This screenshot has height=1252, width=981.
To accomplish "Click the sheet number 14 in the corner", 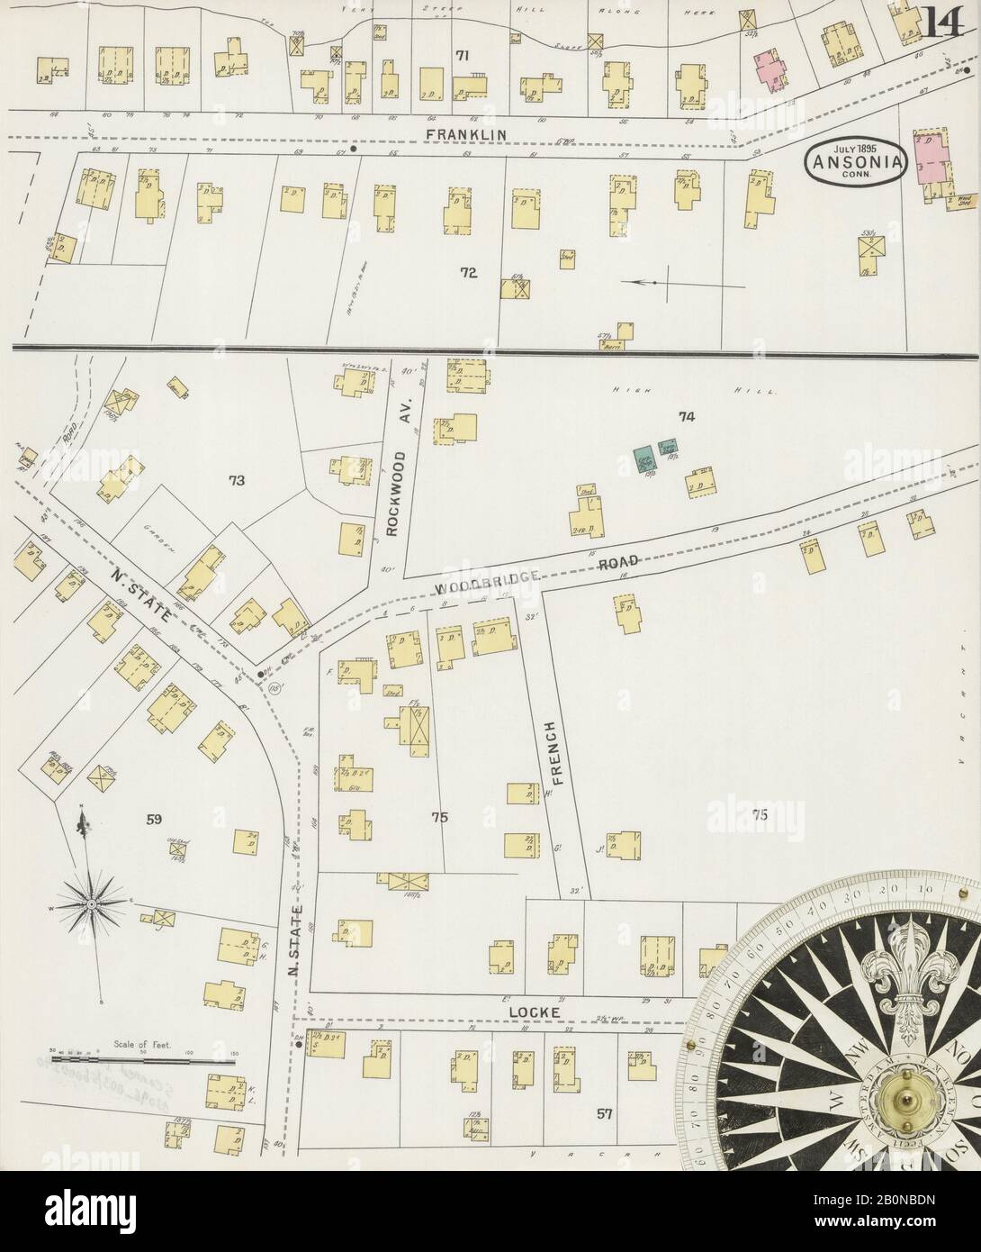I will pyautogui.click(x=941, y=21).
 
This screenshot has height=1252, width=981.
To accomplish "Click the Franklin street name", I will pyautogui.click(x=466, y=134).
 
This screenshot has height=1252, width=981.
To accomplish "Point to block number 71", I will pyautogui.click(x=463, y=56).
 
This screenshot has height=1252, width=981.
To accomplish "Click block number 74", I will pyautogui.click(x=687, y=416).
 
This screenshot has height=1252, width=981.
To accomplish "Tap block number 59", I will pyautogui.click(x=153, y=819).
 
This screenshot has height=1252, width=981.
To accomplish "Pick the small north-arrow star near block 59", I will pyautogui.click(x=92, y=902).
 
